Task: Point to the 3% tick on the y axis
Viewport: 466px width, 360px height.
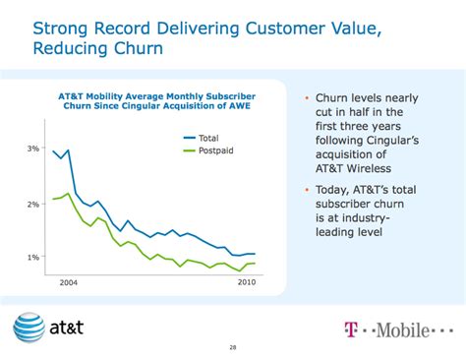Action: (32, 149)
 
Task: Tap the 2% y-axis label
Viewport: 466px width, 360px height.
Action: (32, 204)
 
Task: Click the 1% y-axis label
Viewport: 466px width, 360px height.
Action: (32, 258)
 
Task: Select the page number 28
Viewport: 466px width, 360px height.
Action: (232, 346)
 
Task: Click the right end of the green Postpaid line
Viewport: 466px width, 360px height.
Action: (256, 263)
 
